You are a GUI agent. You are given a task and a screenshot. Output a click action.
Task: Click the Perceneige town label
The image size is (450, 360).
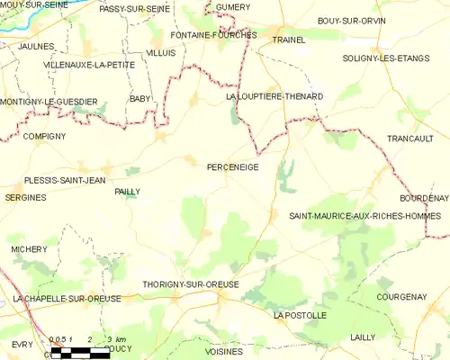coord(232,167)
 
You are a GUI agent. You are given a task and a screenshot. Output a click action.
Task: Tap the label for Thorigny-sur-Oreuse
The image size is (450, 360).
coord(191,284)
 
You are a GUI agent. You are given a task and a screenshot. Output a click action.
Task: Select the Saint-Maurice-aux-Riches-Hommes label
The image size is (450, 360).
coord(364,216)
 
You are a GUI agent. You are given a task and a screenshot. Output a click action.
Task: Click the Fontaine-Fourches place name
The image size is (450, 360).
coord(213,35)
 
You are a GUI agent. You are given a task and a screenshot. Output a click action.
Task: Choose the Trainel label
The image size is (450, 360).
coord(289,40)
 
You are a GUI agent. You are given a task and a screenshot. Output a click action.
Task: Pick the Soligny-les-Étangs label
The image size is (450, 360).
coord(378,58)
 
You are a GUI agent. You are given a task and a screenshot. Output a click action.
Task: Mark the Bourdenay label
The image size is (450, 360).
coord(424,197)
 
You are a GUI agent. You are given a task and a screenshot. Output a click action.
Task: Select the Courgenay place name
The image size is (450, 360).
coord(401,296)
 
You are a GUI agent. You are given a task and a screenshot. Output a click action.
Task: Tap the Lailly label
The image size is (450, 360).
coord(364,337)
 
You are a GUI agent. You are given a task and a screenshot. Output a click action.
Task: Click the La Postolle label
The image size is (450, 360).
coord(301,316)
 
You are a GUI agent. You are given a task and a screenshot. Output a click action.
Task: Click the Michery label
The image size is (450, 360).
coord(29,248)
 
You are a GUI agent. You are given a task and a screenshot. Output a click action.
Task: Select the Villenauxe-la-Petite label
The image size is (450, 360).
coord(88,65)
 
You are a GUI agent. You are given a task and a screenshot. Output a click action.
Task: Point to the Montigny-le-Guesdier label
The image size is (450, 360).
coord(49,102)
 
